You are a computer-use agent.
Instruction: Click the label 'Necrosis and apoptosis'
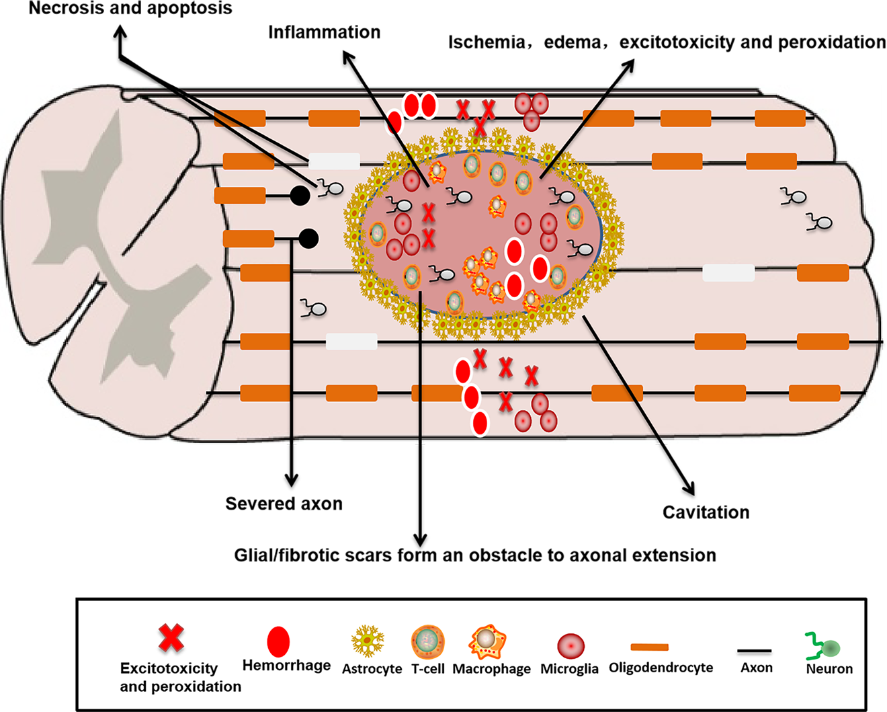coord(130,9)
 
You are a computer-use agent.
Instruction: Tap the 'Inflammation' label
coord(324,32)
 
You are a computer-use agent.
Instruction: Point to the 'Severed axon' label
coord(284,504)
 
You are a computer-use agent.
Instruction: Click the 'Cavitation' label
coord(706,512)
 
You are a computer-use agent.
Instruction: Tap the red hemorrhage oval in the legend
coord(278,641)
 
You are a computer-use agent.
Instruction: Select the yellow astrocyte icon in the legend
coord(368,641)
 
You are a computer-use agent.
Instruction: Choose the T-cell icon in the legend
coord(427,641)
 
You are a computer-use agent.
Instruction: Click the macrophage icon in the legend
coord(488,642)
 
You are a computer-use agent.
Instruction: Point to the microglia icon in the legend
coord(571,646)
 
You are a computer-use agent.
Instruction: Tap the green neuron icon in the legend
coord(825,647)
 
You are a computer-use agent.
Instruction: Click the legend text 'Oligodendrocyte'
coord(661,668)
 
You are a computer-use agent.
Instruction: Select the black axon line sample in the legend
coord(755,651)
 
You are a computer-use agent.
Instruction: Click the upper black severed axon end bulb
coord(299,196)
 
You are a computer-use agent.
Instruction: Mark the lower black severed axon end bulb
coord(308,238)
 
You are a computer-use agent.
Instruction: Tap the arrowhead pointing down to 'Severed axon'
coord(291,480)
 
